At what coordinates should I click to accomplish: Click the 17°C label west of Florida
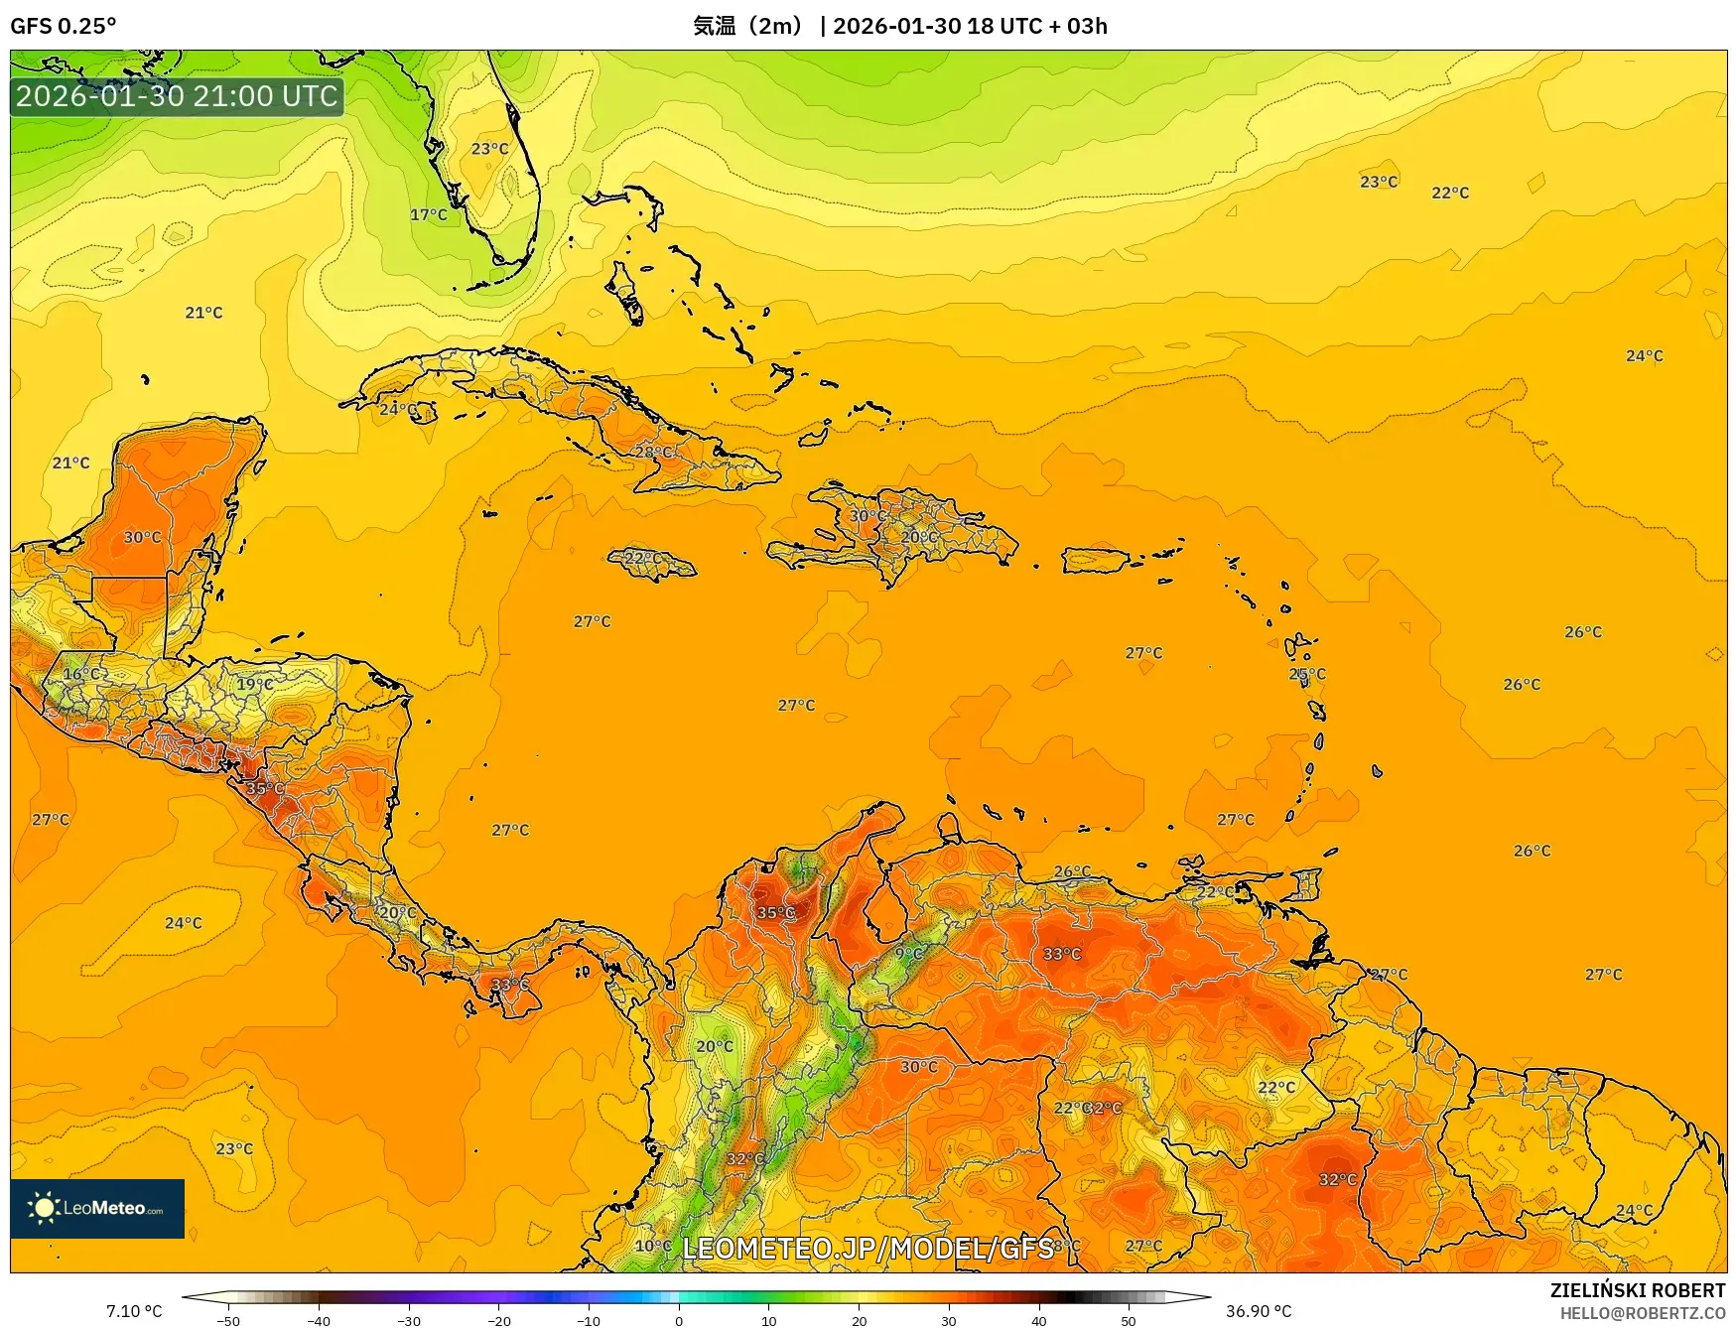point(428,214)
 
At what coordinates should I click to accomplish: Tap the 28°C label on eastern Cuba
point(653,452)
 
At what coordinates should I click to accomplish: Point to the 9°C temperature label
point(909,953)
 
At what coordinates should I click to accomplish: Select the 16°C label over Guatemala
point(81,674)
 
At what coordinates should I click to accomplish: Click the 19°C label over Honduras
point(254,684)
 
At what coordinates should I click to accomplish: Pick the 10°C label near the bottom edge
point(652,1246)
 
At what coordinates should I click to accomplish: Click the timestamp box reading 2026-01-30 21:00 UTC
point(177,96)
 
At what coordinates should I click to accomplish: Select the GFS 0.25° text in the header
point(63,26)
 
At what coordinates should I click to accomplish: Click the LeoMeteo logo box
point(97,1208)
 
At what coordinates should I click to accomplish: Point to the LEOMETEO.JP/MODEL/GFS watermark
point(868,1248)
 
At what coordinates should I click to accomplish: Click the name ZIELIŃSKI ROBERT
point(1638,1290)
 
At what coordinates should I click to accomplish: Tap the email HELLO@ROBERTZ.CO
point(1642,1313)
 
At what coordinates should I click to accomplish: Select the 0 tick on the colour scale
point(679,1320)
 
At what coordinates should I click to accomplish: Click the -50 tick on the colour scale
point(227,1320)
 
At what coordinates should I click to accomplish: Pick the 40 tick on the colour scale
point(1039,1320)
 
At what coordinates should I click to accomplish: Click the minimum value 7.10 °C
point(134,1311)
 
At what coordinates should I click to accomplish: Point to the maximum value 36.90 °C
point(1259,1311)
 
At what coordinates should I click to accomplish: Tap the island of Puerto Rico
point(1097,560)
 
